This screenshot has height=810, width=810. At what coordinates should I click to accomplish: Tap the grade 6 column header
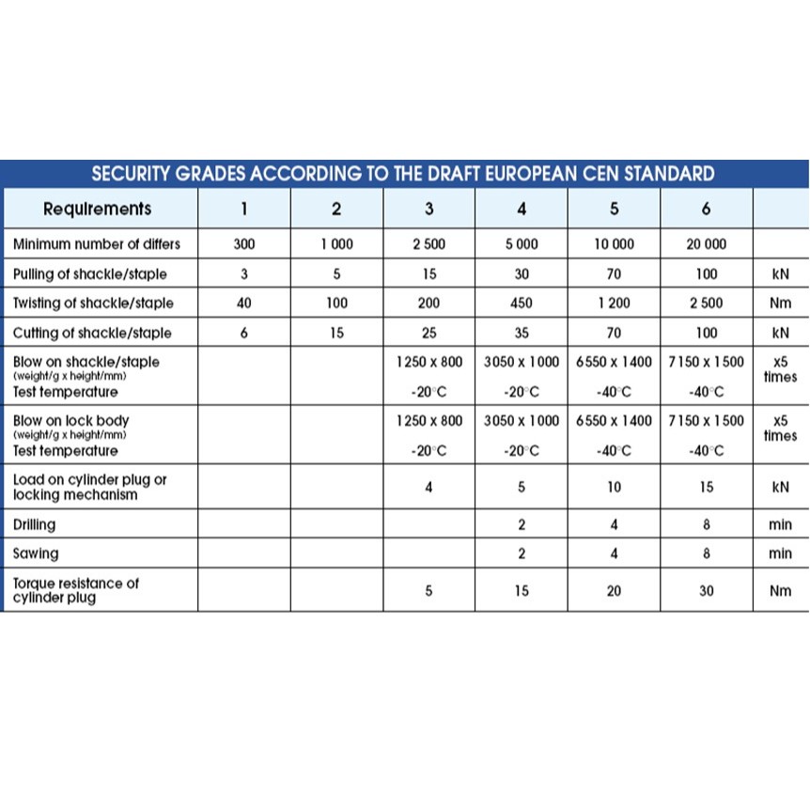706,209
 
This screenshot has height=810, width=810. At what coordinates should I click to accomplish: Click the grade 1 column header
244,209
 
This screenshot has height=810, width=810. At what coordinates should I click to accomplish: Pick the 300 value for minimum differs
244,244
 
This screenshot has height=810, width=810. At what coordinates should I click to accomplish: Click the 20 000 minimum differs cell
706,244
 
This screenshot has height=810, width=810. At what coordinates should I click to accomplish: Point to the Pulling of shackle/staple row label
90,274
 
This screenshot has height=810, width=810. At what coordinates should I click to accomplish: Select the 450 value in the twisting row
522,304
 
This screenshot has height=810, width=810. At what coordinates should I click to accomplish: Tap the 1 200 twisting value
614,304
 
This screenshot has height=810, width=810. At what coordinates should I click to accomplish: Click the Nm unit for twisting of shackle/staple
780,304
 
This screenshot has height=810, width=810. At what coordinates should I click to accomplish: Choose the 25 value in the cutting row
428,333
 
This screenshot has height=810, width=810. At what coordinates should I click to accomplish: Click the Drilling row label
34,525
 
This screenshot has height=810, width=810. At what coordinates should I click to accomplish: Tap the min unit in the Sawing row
780,554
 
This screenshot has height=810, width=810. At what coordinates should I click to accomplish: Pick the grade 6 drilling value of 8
706,525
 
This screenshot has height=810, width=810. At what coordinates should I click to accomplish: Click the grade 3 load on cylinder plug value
428,487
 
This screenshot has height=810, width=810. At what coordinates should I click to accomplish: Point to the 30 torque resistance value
706,591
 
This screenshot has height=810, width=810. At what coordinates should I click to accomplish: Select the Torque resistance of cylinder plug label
75,590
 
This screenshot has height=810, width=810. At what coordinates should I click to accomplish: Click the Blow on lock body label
71,421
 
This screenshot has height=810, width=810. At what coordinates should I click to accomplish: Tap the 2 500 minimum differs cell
428,244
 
